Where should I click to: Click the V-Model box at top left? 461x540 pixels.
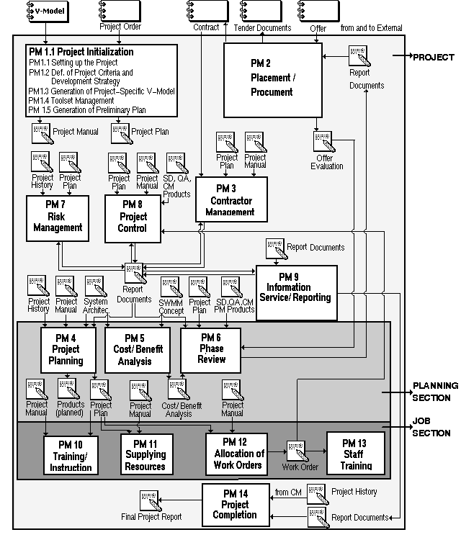pyautogui.click(x=44, y=12)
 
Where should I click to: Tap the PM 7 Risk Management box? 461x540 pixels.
pyautogui.click(x=56, y=217)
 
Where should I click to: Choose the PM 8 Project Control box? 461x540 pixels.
pyautogui.click(x=133, y=217)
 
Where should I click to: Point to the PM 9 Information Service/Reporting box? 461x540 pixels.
pyautogui.click(x=297, y=286)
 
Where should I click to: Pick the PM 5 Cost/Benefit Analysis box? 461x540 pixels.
pyautogui.click(x=137, y=350)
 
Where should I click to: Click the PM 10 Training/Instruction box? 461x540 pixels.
pyautogui.click(x=71, y=453)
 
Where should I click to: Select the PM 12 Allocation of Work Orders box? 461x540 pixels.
pyautogui.click(x=238, y=453)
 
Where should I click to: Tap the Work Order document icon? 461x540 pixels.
pyautogui.click(x=297, y=451)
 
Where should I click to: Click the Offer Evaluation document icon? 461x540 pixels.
pyautogui.click(x=324, y=142)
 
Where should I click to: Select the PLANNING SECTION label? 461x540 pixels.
pyautogui.click(x=431, y=392)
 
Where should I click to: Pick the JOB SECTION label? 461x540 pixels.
pyautogui.click(x=431, y=428)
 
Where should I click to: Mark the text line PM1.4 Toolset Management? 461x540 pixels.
pyautogui.click(x=71, y=101)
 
